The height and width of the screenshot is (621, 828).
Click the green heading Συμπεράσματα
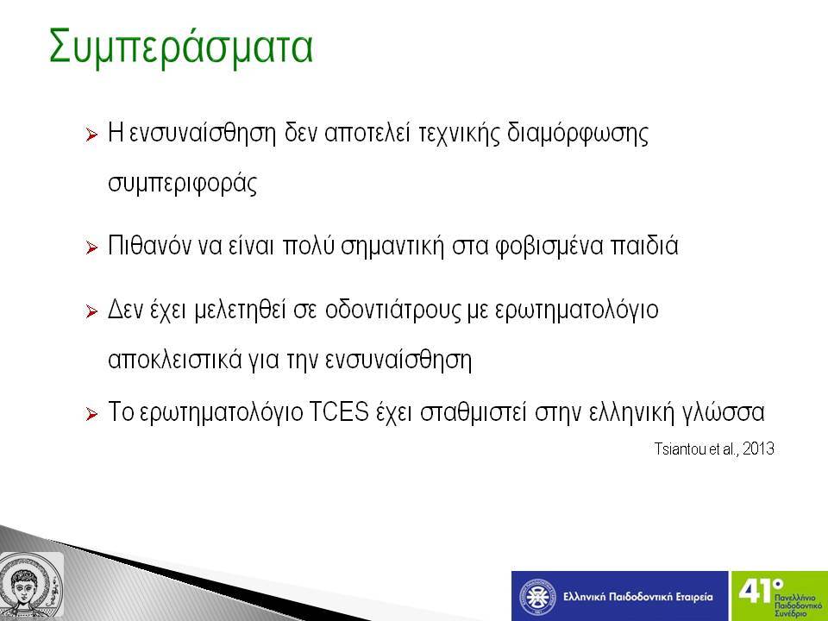pyautogui.click(x=180, y=48)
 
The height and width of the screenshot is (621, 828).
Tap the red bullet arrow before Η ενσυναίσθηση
pyautogui.click(x=91, y=135)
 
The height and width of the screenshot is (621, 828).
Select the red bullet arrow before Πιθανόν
pyautogui.click(x=91, y=248)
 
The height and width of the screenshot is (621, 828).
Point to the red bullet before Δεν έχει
pyautogui.click(x=91, y=311)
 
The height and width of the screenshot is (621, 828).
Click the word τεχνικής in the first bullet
pyautogui.click(x=458, y=134)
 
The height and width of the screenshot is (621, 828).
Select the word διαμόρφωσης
pyautogui.click(x=578, y=135)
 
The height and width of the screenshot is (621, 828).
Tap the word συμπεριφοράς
pyautogui.click(x=183, y=184)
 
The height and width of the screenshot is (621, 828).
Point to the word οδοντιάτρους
pyautogui.click(x=392, y=310)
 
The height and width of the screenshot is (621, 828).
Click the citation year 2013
pyautogui.click(x=758, y=448)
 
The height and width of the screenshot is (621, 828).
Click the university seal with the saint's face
pyautogui.click(x=31, y=586)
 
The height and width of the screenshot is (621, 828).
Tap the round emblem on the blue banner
pyautogui.click(x=537, y=597)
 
